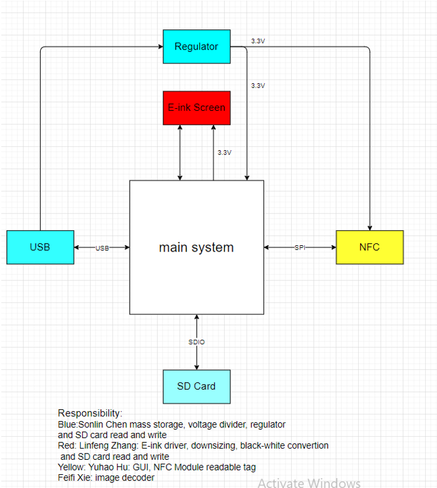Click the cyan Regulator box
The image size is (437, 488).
197,47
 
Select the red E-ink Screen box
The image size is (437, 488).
197,108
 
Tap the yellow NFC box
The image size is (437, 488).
370,247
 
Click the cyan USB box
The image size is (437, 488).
40,247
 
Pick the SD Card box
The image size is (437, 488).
197,387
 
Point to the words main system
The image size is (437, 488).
196,248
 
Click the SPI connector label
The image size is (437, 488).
300,248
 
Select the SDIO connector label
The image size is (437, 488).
197,342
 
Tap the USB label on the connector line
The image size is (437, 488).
102,248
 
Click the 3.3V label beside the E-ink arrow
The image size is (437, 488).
225,153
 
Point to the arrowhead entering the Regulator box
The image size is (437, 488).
161,47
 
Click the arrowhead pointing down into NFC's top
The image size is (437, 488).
370,228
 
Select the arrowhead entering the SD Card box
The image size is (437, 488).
197,367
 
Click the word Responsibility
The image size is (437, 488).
90,414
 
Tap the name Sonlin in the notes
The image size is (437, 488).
91,425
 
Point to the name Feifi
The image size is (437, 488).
66,478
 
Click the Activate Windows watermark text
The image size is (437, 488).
309,483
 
